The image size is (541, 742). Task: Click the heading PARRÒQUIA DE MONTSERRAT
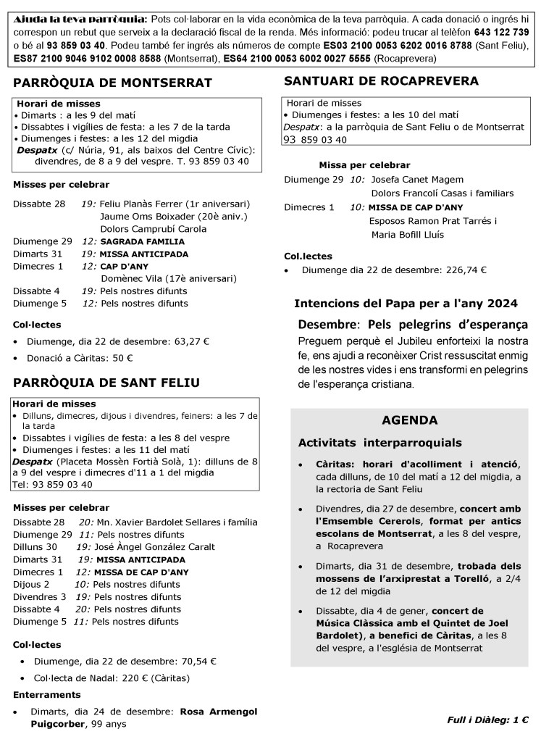(112, 83)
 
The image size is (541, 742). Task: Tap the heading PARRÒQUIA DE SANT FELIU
(106, 382)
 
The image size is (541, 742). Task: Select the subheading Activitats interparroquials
(379, 443)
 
